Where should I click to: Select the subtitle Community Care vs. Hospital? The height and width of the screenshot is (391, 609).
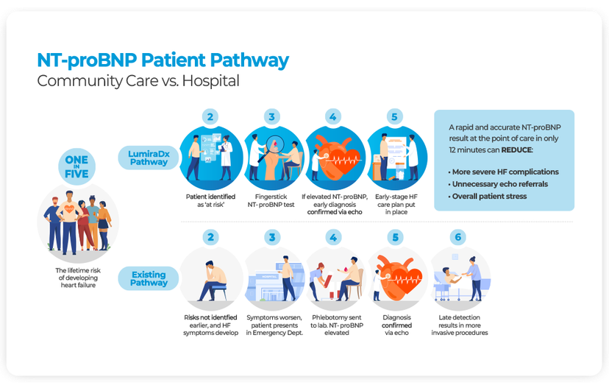[138, 81]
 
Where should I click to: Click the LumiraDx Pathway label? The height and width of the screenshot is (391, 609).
[149, 157]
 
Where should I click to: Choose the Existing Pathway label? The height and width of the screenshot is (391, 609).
[149, 278]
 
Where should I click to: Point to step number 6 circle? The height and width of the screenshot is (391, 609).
[459, 237]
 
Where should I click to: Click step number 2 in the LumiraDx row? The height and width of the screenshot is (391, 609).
[211, 116]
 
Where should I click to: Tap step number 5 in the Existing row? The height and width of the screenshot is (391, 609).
[396, 237]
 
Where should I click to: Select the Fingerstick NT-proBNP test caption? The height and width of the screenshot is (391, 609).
[273, 200]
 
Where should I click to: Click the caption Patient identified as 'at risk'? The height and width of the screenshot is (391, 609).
[211, 200]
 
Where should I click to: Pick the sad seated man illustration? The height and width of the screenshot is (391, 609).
[211, 275]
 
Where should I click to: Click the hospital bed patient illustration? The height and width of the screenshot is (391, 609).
[457, 278]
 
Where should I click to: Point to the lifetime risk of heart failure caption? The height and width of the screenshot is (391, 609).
[76, 278]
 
